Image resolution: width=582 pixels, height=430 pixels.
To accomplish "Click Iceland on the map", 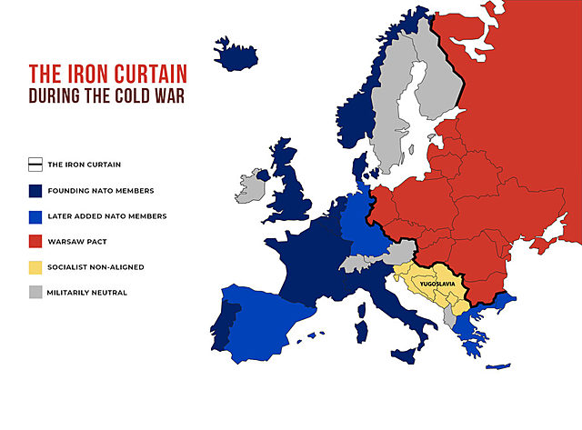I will coord(235,55).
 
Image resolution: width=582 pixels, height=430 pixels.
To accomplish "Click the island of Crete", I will coord(497,366).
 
